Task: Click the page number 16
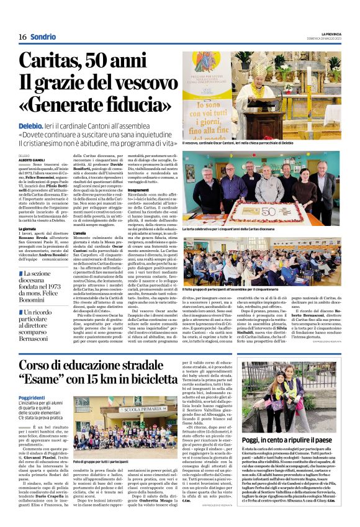(x=22, y=37)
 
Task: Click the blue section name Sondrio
(x=43, y=37)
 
